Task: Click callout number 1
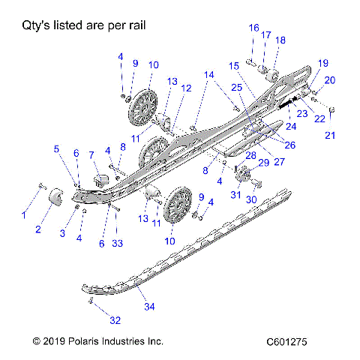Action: pos(22,214)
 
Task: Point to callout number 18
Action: pos(280,40)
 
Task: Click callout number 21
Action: pos(331,135)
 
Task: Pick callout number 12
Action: pos(186,88)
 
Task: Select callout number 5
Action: pos(56,148)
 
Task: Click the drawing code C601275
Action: pos(286,341)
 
